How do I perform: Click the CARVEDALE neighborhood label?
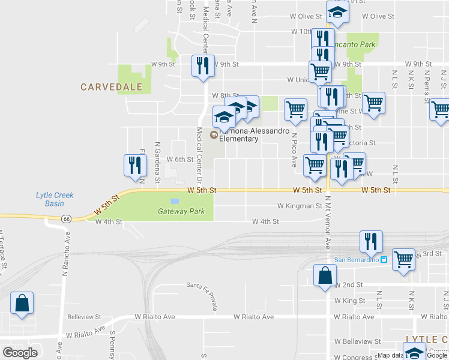[112, 87]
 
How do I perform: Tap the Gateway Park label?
[181, 211]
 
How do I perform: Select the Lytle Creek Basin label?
[50, 199]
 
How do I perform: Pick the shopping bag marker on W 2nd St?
[325, 277]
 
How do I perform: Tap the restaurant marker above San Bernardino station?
[371, 241]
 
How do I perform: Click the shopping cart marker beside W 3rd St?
[403, 259]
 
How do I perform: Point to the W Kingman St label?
[300, 206]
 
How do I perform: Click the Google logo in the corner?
[20, 353]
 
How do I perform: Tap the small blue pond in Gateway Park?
[175, 201]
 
